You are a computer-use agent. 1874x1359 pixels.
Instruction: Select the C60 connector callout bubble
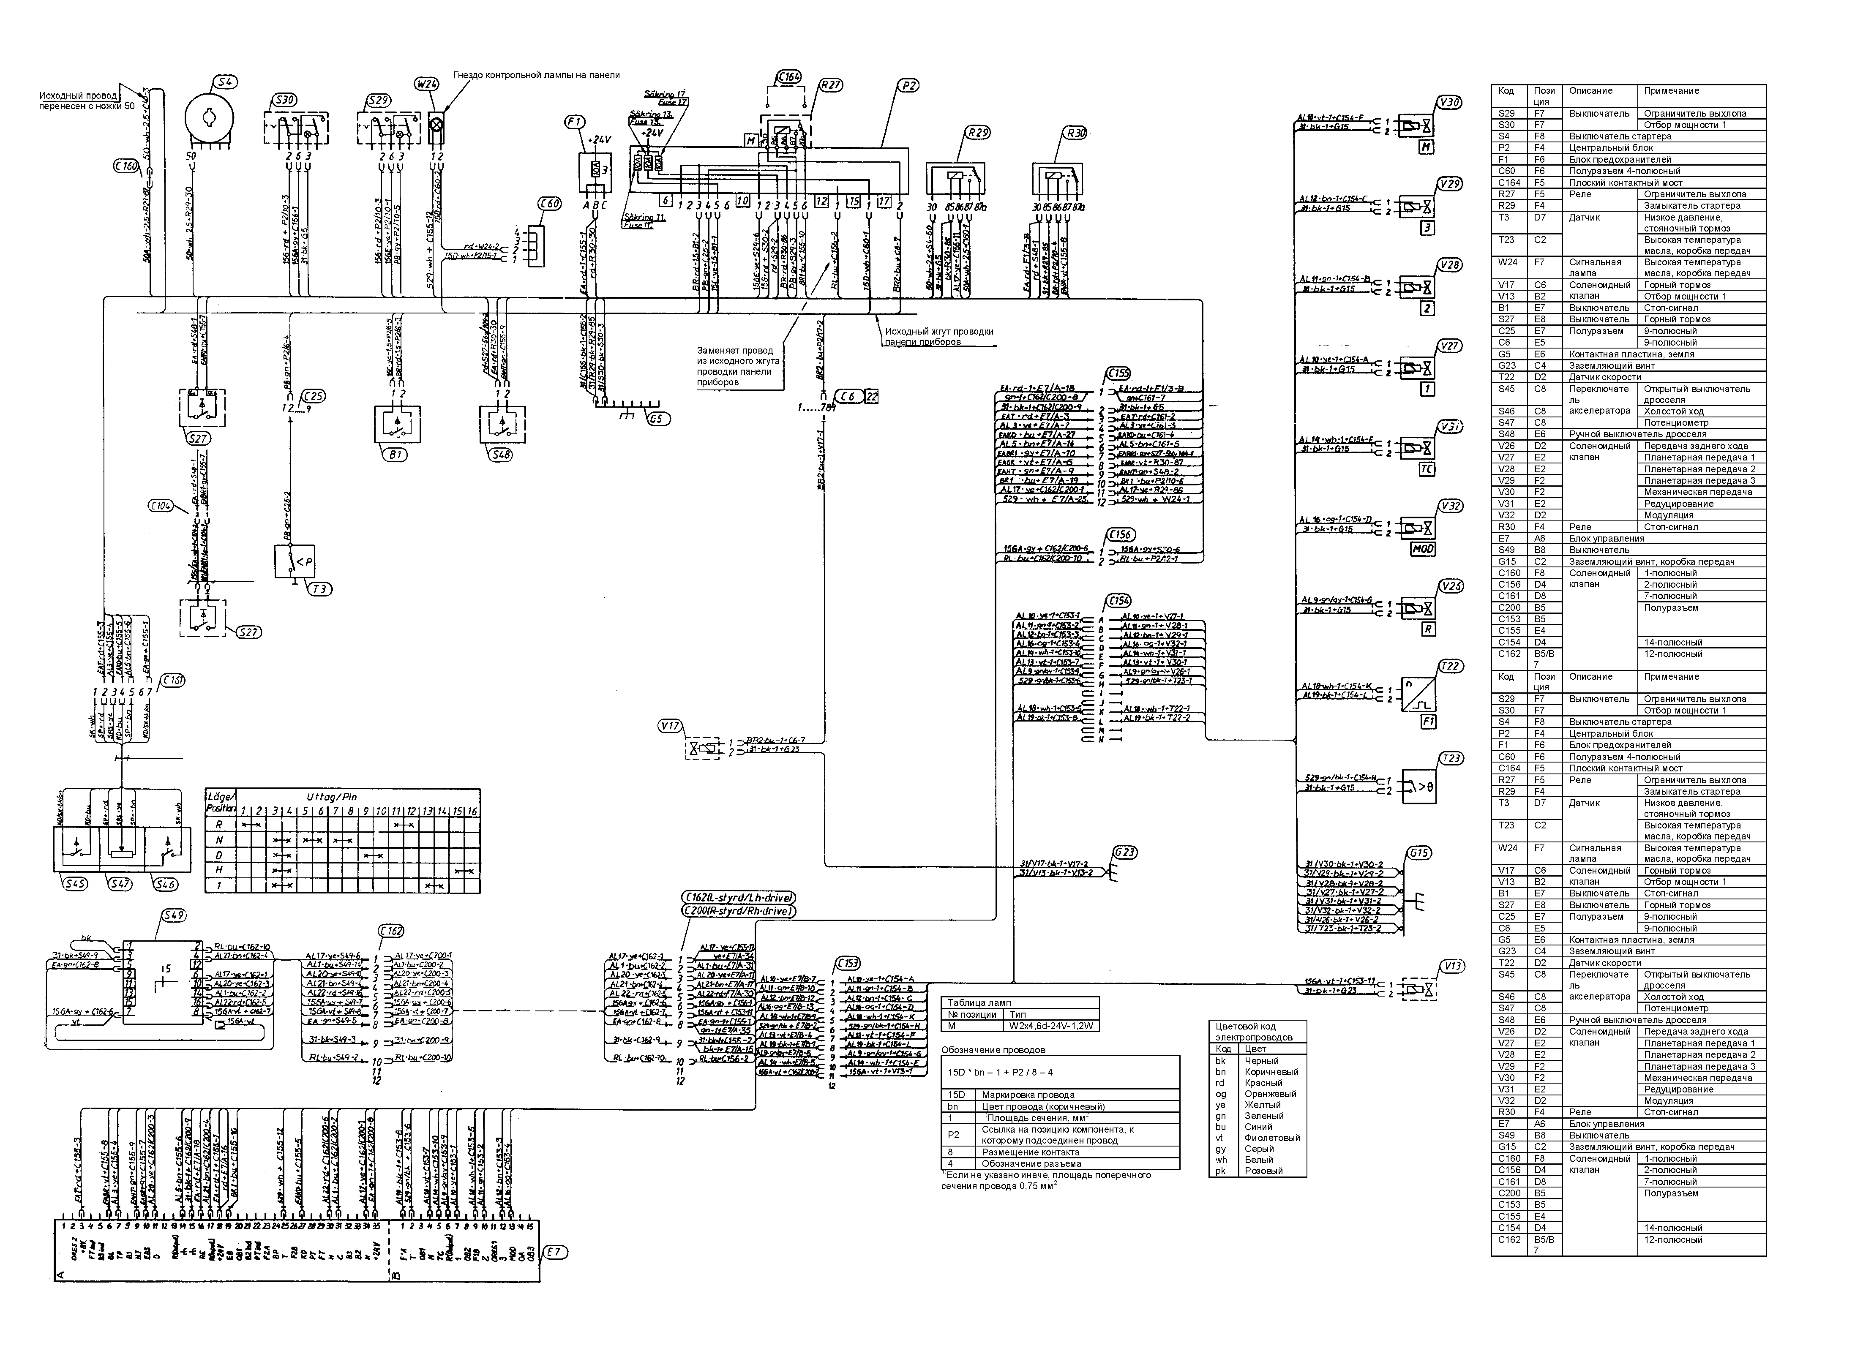pyautogui.click(x=548, y=203)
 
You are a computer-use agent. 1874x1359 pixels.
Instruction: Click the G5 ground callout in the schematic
pyautogui.click(x=655, y=419)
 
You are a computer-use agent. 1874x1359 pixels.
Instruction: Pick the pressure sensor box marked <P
pyautogui.click(x=295, y=562)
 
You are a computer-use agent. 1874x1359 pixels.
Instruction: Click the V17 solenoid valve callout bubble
pyautogui.click(x=670, y=726)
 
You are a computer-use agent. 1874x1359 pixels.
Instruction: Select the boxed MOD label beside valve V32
pyautogui.click(x=1423, y=549)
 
